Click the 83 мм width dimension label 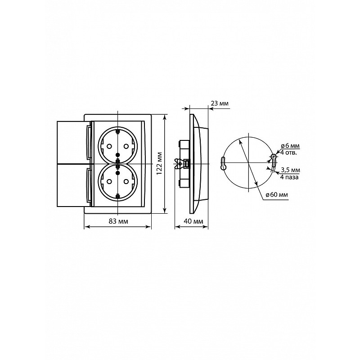click(118, 221)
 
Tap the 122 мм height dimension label click(159, 163)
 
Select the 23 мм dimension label click(220, 103)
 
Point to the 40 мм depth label click(193, 221)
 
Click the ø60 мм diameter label click(277, 195)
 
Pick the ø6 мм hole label click(290, 146)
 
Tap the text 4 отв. click(288, 153)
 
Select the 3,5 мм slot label click(290, 170)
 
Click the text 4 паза click(289, 177)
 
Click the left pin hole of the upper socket click(109, 146)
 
